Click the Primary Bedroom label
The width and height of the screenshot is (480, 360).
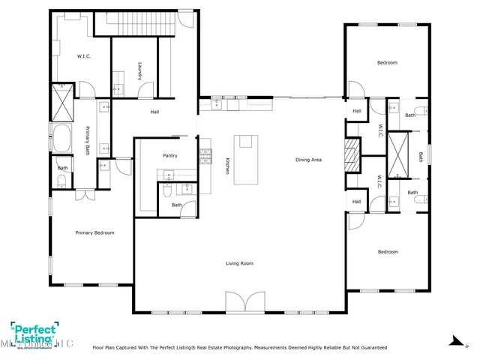coord(94,232)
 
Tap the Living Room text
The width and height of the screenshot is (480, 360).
coord(239,263)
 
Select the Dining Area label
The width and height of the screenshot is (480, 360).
coord(308,160)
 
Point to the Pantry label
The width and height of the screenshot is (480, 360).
coord(169,155)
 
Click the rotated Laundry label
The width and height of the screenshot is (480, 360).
coord(139,72)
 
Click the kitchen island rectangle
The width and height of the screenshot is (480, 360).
coord(246,159)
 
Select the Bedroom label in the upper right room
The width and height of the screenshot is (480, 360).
coord(387,62)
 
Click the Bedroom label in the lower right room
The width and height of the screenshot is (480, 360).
coord(387,251)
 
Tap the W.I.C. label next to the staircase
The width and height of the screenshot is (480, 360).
coord(84,56)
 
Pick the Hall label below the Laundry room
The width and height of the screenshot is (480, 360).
coord(154,112)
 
